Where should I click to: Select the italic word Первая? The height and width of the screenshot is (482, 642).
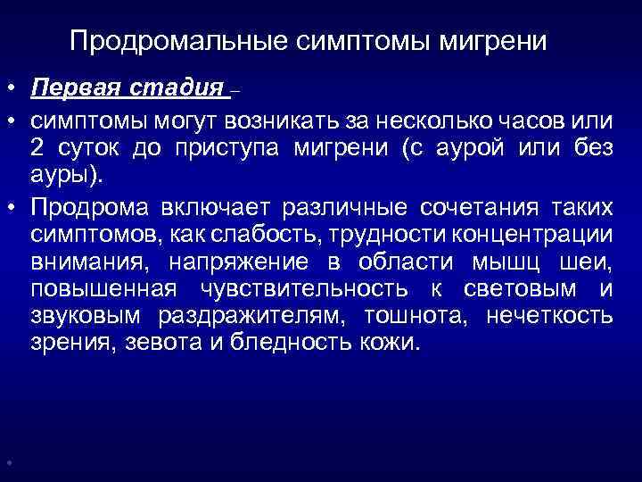(x=72, y=89)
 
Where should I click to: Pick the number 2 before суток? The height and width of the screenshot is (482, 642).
(x=37, y=148)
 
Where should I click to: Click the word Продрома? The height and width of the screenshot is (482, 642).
(x=84, y=207)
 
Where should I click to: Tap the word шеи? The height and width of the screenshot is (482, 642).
(x=590, y=262)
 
